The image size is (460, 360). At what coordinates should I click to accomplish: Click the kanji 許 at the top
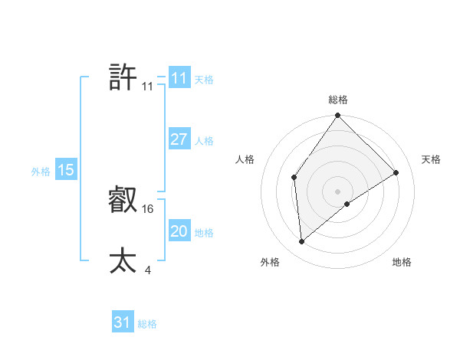[x=123, y=77]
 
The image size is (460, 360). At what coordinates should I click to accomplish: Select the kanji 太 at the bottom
[x=123, y=260]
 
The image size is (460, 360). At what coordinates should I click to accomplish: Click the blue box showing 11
[x=179, y=78]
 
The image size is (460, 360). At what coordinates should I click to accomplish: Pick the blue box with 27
[x=179, y=139]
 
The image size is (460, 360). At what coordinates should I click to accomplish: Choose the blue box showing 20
[x=179, y=231]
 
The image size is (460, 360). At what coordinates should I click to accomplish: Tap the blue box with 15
[x=66, y=170]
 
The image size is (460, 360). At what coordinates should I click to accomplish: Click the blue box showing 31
[x=122, y=322]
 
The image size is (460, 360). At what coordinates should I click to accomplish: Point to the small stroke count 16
[x=148, y=208]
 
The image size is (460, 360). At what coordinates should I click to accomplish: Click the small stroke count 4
[x=147, y=269]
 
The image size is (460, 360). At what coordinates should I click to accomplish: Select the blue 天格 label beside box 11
[x=204, y=80]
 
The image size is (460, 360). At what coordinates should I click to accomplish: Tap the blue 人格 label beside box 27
[x=204, y=141]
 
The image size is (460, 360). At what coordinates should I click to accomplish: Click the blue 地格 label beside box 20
[x=204, y=233]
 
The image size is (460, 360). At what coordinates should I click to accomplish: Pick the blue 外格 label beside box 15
[x=41, y=172]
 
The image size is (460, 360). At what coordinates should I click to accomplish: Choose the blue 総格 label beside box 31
[x=147, y=324]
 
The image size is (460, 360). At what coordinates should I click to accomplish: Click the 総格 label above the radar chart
[x=338, y=100]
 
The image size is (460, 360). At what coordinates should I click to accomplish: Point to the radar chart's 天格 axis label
[x=431, y=159]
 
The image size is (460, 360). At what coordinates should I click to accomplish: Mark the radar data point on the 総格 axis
[x=338, y=116]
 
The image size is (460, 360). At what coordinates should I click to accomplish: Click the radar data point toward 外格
[x=302, y=242]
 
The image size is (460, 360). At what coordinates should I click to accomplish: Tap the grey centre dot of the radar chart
[x=338, y=191]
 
